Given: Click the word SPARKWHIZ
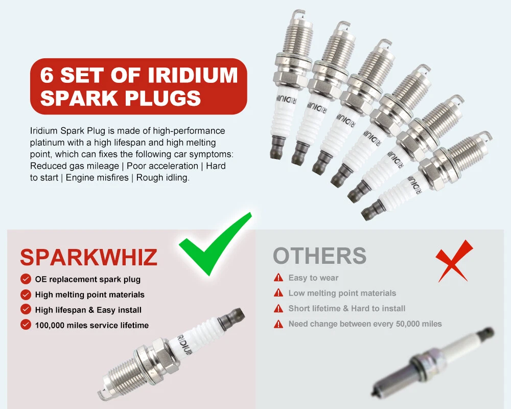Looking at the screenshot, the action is point(88,257).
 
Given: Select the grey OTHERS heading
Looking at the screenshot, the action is point(320,256).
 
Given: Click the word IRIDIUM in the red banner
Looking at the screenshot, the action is point(193,75).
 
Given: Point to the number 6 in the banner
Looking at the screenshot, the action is point(47,75).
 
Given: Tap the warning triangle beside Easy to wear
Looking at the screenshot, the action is point(278,278).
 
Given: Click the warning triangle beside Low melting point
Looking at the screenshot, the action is point(278,293).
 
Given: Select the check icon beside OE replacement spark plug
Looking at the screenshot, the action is point(26,279).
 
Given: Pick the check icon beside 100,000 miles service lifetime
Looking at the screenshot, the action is point(26,325).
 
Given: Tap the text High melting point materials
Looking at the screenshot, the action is point(89,295).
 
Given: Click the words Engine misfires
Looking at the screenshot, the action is point(97,178).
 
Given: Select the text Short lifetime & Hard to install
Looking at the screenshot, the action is point(347,309).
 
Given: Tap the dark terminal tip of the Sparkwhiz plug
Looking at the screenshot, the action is point(232,316).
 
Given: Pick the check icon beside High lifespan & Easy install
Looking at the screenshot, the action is point(26,309).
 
